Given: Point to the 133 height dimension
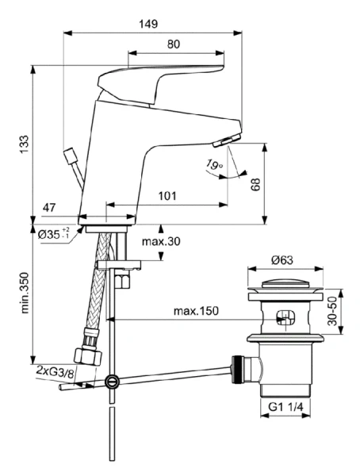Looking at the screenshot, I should tap(25, 143).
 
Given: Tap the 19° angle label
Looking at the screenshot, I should tap(213, 166).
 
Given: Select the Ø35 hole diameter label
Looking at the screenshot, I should tap(55, 234).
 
